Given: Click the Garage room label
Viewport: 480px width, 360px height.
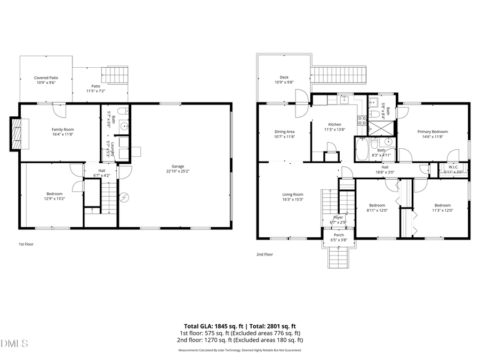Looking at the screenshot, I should [x=174, y=166].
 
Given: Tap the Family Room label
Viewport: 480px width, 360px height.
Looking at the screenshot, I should [x=62, y=130].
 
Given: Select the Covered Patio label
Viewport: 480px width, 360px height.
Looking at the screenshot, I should [x=46, y=78].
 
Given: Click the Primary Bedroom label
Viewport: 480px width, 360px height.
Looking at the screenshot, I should [x=432, y=132].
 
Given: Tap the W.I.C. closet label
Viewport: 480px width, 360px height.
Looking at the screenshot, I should [x=454, y=166].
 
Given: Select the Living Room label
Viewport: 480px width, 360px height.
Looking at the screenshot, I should [x=293, y=194].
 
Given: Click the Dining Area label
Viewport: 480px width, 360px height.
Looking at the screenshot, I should [x=284, y=131].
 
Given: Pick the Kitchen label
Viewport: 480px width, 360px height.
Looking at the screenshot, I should [x=334, y=124].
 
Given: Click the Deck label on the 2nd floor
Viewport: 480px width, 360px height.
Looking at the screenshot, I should [x=284, y=77].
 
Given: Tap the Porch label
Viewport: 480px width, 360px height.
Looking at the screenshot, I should [x=339, y=235].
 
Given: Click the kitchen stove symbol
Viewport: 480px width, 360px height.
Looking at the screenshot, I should [x=362, y=120].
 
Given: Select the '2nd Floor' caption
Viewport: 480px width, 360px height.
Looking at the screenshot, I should [x=265, y=254].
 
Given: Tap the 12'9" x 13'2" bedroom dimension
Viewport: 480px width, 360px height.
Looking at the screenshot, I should [x=54, y=199].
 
